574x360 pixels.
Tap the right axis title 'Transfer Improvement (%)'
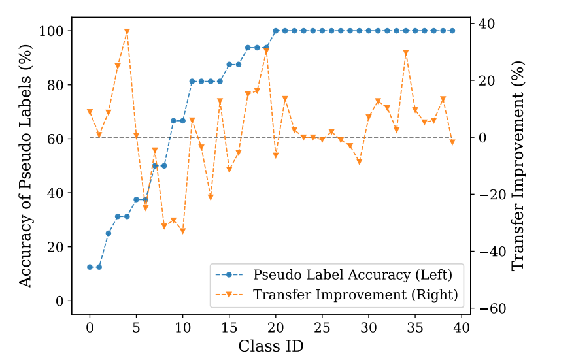(518, 165)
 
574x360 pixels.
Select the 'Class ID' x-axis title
(271, 346)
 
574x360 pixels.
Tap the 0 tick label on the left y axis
(60, 301)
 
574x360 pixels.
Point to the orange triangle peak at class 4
(127, 31)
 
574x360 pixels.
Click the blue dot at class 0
(90, 267)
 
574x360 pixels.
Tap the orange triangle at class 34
(406, 52)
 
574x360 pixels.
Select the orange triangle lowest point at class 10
(182, 231)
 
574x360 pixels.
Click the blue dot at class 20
(276, 31)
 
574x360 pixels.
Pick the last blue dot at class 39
(452, 31)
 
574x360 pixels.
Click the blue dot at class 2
(109, 233)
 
